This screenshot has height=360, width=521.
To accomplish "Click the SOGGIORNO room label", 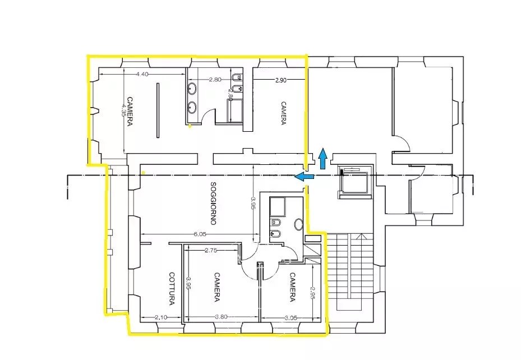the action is pyautogui.click(x=213, y=203).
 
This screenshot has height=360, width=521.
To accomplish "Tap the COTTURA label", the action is pyautogui.click(x=172, y=289).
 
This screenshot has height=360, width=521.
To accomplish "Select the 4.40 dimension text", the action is pyautogui.click(x=142, y=74).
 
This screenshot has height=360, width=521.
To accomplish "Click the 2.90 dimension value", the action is pyautogui.click(x=281, y=80).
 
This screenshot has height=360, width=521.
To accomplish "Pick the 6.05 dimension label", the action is pyautogui.click(x=200, y=234).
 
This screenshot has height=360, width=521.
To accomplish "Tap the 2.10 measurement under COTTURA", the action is pyautogui.click(x=161, y=317).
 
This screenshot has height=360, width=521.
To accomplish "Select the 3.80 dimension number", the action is pyautogui.click(x=222, y=317).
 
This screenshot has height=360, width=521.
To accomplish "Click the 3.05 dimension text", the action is pyautogui.click(x=291, y=318).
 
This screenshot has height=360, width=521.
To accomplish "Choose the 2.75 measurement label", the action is pyautogui.click(x=211, y=251).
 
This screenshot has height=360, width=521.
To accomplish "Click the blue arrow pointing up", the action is pyautogui.click(x=322, y=159).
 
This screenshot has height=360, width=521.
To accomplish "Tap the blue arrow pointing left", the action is pyautogui.click(x=305, y=177).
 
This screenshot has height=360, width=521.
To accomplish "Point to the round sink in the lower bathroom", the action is pyautogui.click(x=299, y=224).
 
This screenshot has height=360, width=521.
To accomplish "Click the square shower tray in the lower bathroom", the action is pyautogui.click(x=278, y=206).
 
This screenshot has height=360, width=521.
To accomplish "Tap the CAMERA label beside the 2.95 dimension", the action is pyautogui.click(x=292, y=287).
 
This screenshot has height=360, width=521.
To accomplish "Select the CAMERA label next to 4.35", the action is pyautogui.click(x=130, y=111).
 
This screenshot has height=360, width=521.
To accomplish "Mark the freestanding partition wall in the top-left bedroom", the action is pyautogui.click(x=158, y=110).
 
